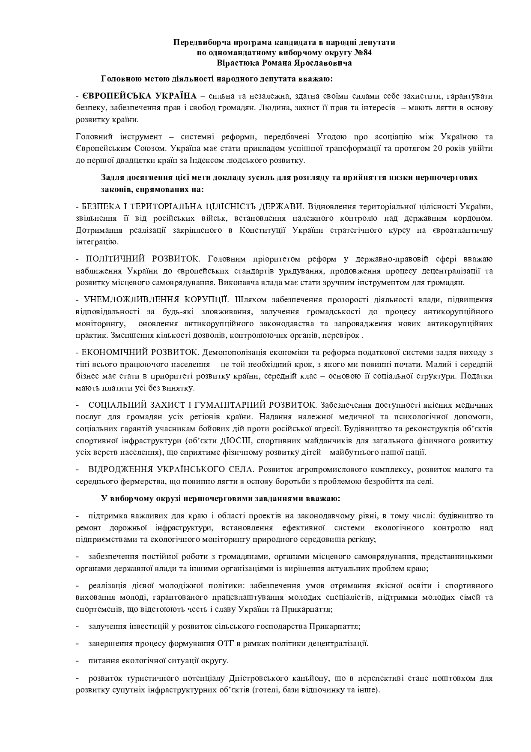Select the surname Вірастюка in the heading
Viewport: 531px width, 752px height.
pos(237,63)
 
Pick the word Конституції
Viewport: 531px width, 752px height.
pos(263,230)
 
